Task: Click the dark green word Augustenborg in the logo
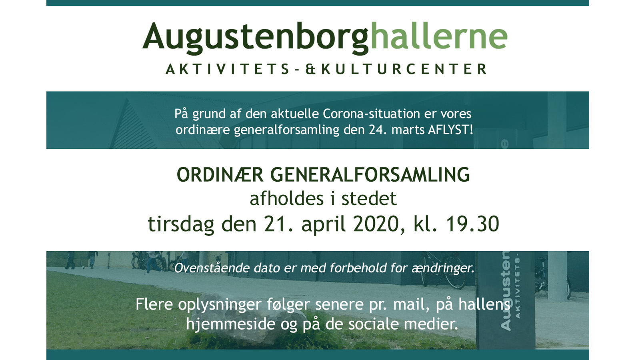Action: [256, 38]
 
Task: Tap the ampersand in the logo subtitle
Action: [310, 69]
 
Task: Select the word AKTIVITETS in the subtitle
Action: [228, 69]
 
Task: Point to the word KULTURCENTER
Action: [404, 69]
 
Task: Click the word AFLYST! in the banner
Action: [450, 130]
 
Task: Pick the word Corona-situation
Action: [372, 114]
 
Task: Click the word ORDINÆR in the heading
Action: [220, 174]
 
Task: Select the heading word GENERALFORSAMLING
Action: [370, 174]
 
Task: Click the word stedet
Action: [369, 198]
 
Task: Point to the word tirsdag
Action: [181, 224]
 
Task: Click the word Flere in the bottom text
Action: [154, 304]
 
